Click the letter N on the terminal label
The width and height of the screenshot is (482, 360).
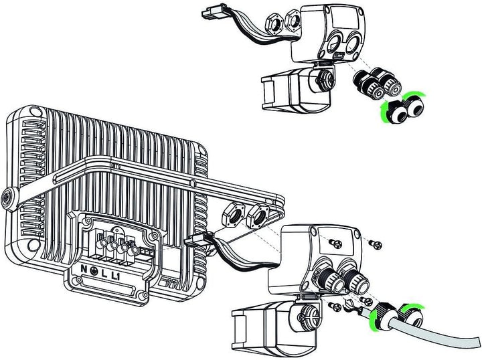pos(84,269)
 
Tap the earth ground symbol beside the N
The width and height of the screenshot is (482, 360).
pos(94,270)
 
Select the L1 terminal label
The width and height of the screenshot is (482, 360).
pos(116,277)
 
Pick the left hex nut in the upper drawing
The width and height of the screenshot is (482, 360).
pos(274,24)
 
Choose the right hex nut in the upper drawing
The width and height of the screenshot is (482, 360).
pos(293,21)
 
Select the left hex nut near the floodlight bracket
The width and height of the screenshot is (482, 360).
pos(233,215)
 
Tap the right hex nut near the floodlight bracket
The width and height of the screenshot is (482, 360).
pos(258,215)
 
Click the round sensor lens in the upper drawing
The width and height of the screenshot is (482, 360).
pos(323,79)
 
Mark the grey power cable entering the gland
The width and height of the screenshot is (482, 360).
pos(430,330)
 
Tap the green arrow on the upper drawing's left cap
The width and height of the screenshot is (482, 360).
pos(384,113)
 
